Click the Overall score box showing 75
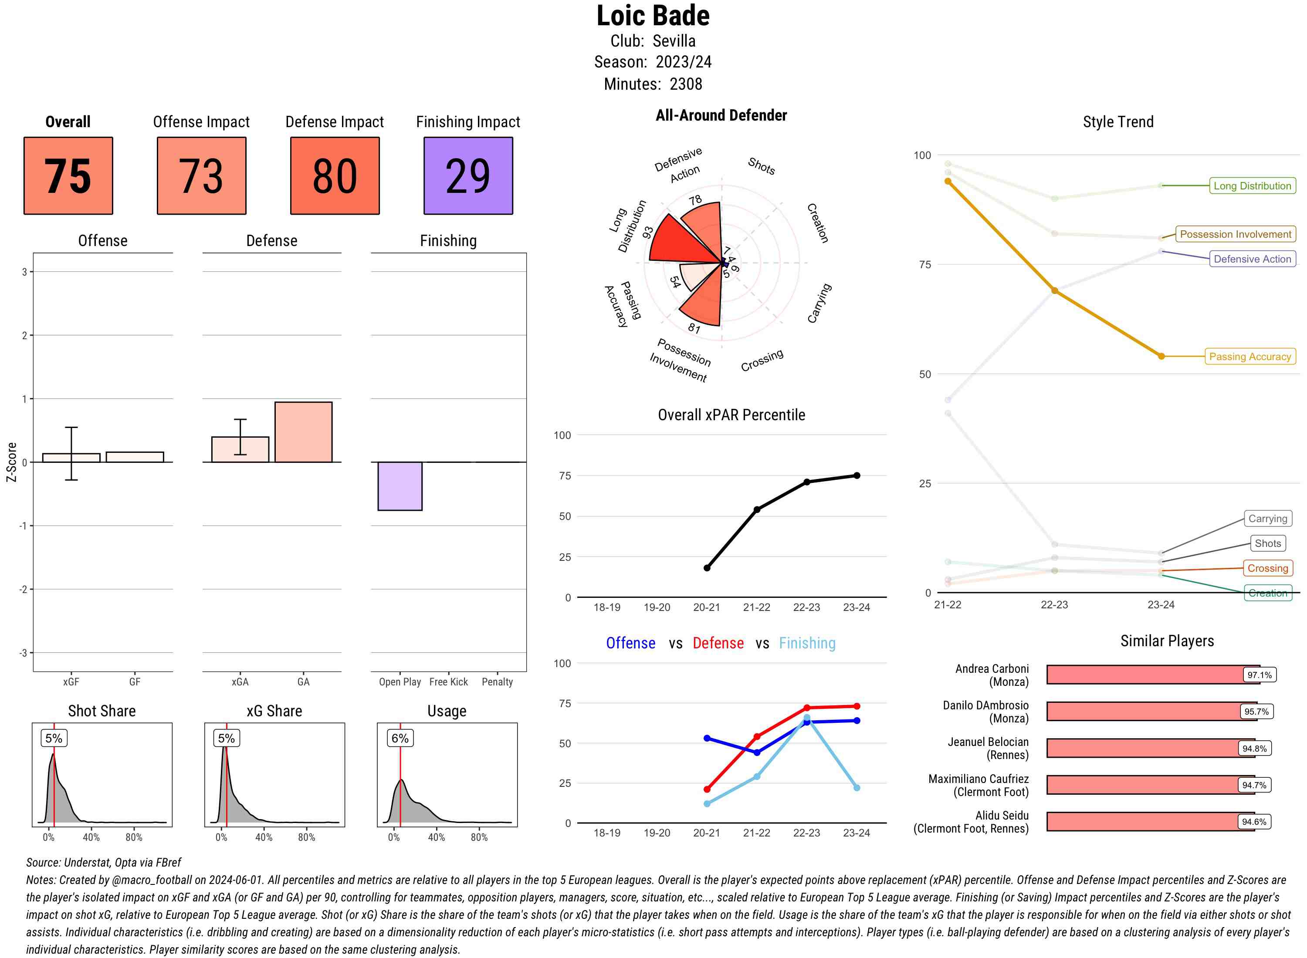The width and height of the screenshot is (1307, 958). [68, 176]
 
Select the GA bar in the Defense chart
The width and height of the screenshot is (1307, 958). [303, 432]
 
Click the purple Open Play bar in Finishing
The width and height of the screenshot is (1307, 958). [400, 486]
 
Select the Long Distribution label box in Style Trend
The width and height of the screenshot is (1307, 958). [1252, 186]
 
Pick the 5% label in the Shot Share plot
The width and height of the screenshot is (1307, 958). [54, 738]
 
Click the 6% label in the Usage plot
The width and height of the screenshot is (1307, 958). [400, 738]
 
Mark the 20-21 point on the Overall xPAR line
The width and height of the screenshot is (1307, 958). [707, 568]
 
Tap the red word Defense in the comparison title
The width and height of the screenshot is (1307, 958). [718, 643]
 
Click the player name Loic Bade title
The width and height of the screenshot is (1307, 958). [653, 16]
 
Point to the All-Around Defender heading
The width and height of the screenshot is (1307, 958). [721, 115]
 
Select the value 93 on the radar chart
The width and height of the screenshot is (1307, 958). [647, 232]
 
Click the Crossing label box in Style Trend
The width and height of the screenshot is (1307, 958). [1267, 568]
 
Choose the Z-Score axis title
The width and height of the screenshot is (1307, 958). [11, 462]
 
